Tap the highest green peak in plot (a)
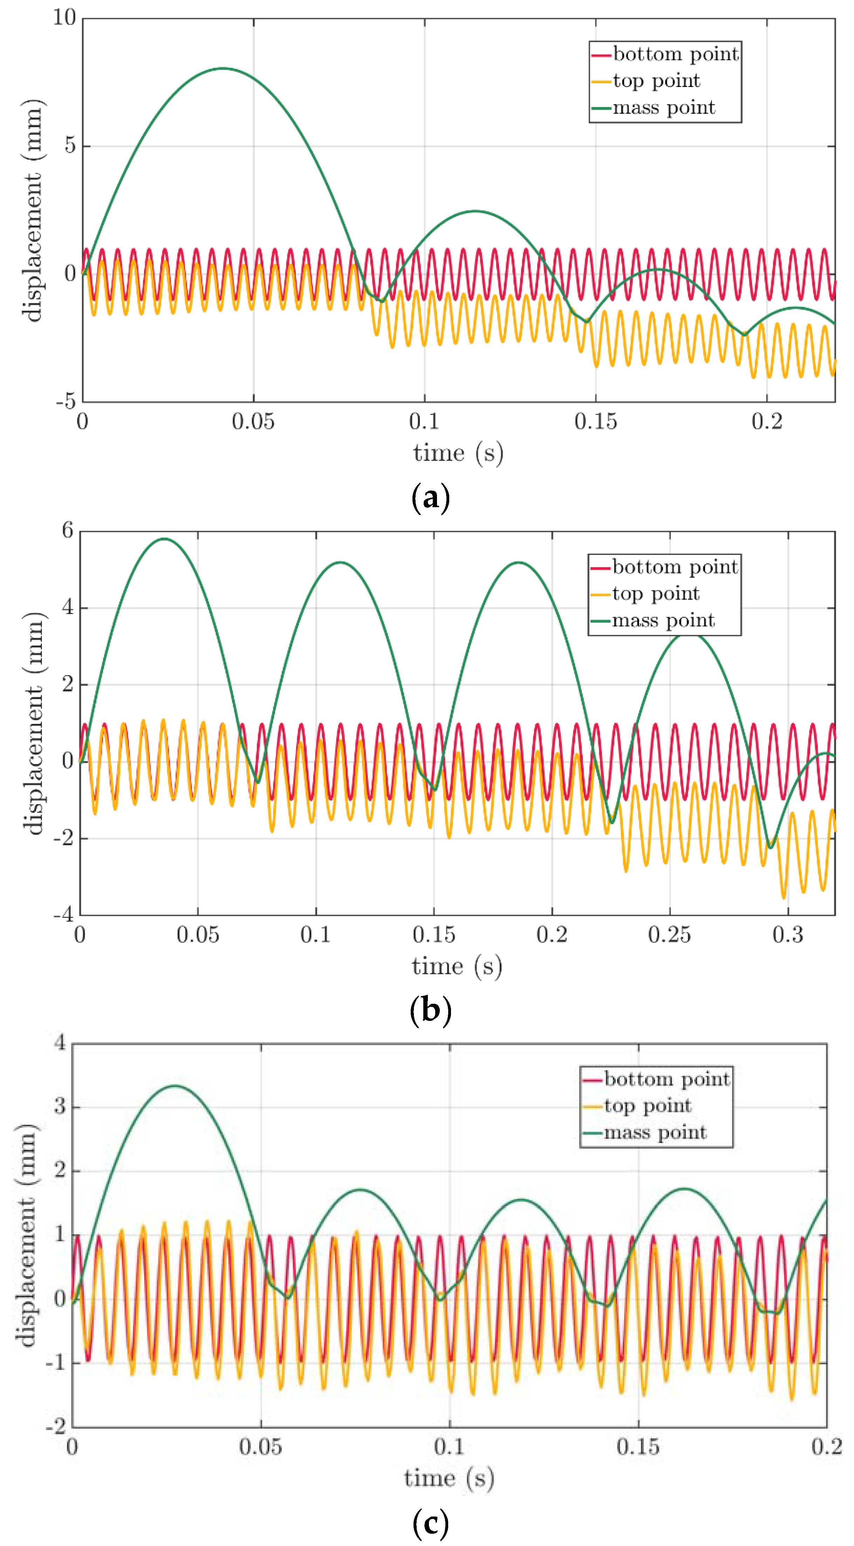[x=223, y=68]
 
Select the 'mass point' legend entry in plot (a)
[x=663, y=108]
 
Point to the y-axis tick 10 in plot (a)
[x=65, y=18]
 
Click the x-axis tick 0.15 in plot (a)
[x=595, y=422]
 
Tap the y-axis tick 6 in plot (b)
[x=67, y=531]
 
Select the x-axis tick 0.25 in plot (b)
[x=669, y=934]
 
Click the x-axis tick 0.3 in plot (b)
[x=787, y=934]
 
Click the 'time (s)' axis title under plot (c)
[x=449, y=1478]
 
